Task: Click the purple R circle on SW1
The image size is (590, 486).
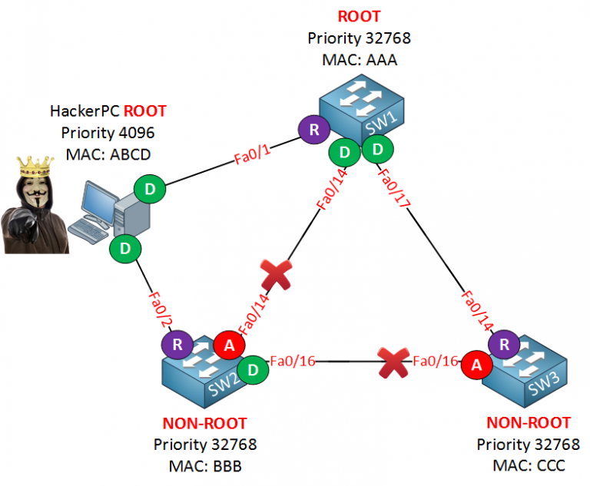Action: (x=313, y=130)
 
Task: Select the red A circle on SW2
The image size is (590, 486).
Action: (x=228, y=345)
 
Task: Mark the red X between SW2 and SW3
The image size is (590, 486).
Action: (x=393, y=360)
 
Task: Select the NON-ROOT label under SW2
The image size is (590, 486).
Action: (x=204, y=423)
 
